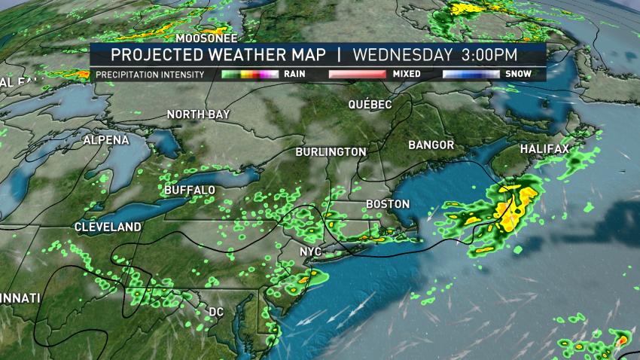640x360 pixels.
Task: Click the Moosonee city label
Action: pyautogui.click(x=206, y=38)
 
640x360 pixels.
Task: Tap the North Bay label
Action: pyautogui.click(x=198, y=114)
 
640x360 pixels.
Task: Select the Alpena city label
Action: pyautogui.click(x=105, y=140)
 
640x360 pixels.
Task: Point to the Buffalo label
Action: pyautogui.click(x=189, y=190)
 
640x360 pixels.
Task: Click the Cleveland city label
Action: pyautogui.click(x=108, y=227)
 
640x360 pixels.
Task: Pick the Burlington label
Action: pyautogui.click(x=331, y=152)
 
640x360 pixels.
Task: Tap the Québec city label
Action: pyautogui.click(x=370, y=104)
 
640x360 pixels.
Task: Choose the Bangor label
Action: pyautogui.click(x=431, y=145)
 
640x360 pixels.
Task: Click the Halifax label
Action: pyautogui.click(x=544, y=149)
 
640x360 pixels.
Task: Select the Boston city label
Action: pyautogui.click(x=387, y=204)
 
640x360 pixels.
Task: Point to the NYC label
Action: pyautogui.click(x=310, y=251)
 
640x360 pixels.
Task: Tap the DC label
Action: pyautogui.click(x=215, y=312)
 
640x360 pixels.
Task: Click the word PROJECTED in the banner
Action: pyautogui.click(x=154, y=55)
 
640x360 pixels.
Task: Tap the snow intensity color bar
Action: pyautogui.click(x=472, y=75)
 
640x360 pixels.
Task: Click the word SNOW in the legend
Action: pyautogui.click(x=519, y=75)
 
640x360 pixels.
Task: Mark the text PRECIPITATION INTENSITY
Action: pyautogui.click(x=151, y=75)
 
